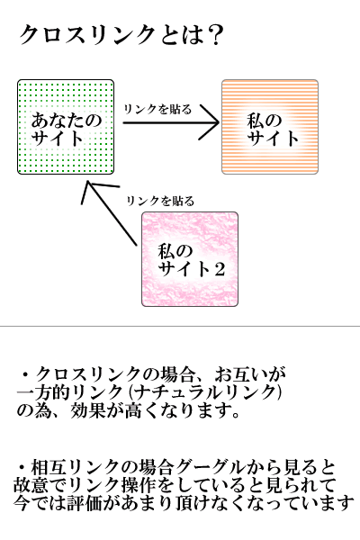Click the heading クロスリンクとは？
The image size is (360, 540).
121,35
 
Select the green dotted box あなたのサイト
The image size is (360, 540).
66,127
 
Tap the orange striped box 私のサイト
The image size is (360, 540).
270,127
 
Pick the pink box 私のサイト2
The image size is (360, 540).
190,259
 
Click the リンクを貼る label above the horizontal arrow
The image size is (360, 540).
157,109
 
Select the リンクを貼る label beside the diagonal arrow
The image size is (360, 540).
160,201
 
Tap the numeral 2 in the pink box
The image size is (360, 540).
218,268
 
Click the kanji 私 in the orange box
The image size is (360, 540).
256,121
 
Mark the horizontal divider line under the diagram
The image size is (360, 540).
180,326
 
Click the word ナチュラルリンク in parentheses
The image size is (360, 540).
206,392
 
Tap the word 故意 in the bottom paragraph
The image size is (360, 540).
31,486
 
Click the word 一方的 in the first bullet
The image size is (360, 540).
44,392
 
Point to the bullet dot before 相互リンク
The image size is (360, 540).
22,468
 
